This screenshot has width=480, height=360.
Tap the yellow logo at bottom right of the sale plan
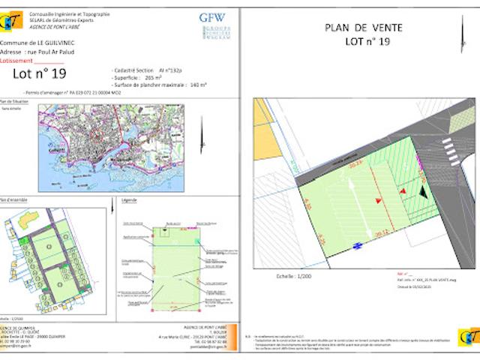point(469,339)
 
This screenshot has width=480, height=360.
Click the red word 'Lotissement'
point(17,61)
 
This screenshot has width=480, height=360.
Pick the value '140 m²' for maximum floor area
point(198,85)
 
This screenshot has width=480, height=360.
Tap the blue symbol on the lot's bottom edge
point(358,244)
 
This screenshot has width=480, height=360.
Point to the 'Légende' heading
point(128,201)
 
